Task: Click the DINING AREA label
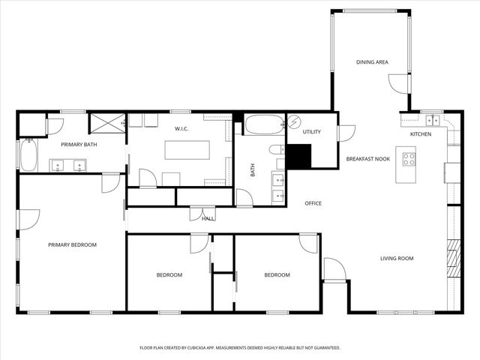[x=371, y=62]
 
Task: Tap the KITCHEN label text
[x=421, y=134]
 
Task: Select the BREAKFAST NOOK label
[x=367, y=159]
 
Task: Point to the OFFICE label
[x=313, y=203]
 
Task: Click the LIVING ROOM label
[x=397, y=259]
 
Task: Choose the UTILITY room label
[x=311, y=132]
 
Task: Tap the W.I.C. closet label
[x=181, y=129]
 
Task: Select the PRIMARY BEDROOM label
[x=72, y=244]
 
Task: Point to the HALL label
[x=208, y=218]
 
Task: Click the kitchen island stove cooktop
[x=409, y=159]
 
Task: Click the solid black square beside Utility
[x=298, y=156]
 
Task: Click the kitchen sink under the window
[x=433, y=119]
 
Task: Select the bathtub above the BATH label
[x=264, y=124]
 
